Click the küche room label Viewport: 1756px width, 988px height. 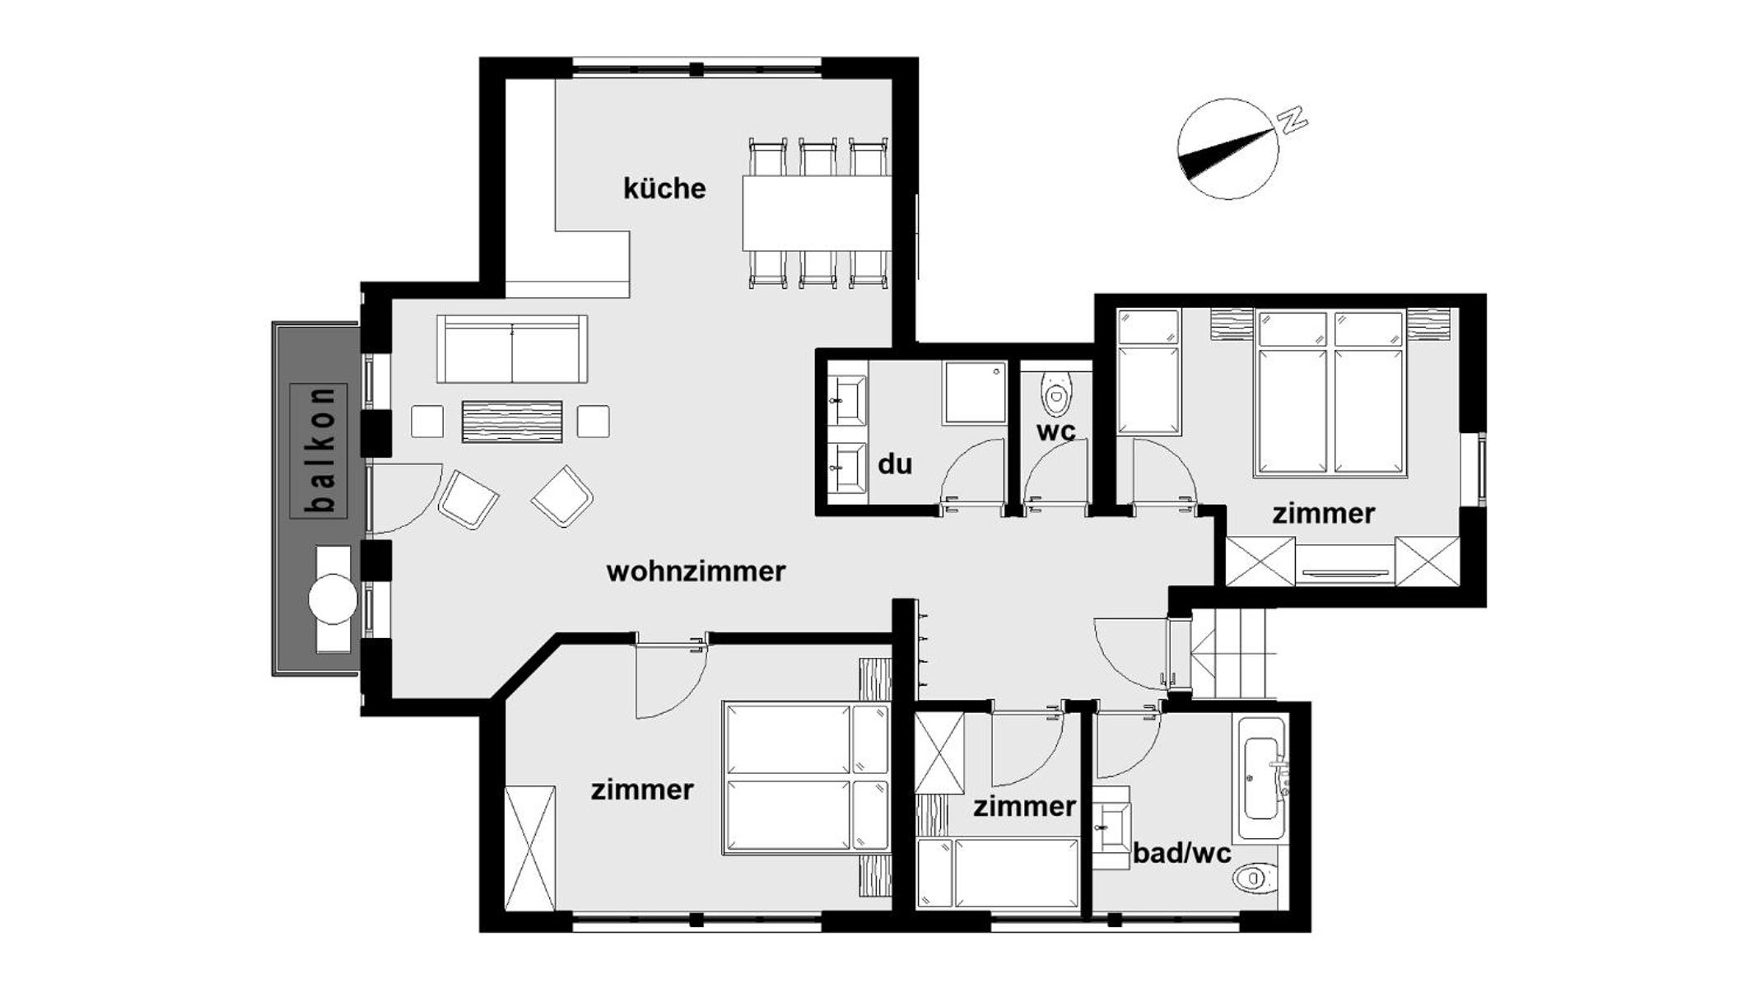(664, 189)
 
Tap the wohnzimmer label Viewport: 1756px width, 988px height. (696, 571)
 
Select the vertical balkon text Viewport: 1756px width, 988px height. (319, 450)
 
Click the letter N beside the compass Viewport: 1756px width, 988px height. (1292, 119)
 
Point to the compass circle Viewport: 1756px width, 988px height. (1228, 150)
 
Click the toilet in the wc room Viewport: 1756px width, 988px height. (1055, 394)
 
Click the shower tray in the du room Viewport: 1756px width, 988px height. (976, 392)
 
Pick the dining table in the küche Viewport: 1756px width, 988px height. (817, 212)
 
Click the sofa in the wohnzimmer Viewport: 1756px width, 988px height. (512, 349)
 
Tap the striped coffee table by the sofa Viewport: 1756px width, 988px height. (512, 422)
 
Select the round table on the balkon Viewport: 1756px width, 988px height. (333, 599)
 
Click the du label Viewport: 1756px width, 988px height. (895, 464)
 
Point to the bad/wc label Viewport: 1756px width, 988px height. (1182, 853)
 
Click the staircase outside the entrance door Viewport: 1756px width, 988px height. (1232, 655)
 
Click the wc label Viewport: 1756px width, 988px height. (1055, 431)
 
